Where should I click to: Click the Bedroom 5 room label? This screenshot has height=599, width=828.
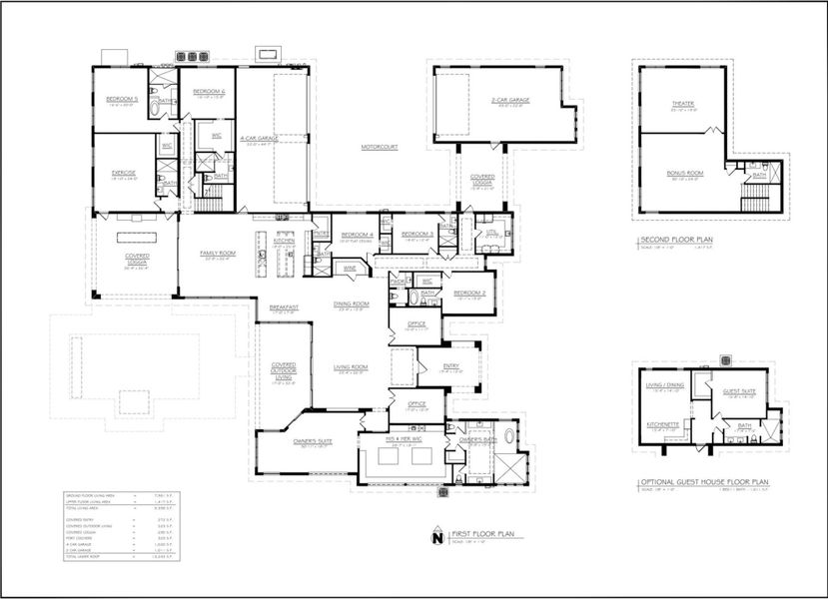click(x=122, y=98)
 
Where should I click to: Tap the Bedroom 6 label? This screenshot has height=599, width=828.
click(x=209, y=91)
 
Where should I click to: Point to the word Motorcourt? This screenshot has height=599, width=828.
click(x=382, y=147)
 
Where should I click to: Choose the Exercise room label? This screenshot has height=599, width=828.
click(x=123, y=173)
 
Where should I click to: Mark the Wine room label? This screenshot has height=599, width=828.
click(x=351, y=268)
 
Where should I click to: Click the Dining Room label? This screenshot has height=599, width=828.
click(x=354, y=302)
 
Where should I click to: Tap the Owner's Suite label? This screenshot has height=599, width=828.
click(x=289, y=440)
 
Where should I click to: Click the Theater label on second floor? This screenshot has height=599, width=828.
click(x=683, y=103)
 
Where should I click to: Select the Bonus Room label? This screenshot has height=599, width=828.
click(x=684, y=173)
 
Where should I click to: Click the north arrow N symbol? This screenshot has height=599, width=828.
click(x=435, y=538)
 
